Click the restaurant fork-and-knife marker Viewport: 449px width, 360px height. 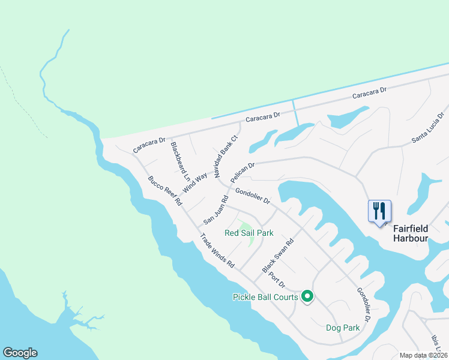(379, 211)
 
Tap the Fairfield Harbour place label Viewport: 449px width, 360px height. (411, 233)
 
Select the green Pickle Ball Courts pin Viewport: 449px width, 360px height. (307, 296)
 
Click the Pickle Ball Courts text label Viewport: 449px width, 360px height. (265, 297)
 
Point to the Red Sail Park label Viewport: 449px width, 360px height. (249, 233)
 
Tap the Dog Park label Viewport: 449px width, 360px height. (343, 328)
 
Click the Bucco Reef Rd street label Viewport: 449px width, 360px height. (164, 191)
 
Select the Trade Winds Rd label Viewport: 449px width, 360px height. (217, 250)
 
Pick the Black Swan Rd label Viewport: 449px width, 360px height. (278, 256)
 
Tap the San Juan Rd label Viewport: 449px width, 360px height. (216, 209)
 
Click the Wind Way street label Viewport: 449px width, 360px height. (195, 182)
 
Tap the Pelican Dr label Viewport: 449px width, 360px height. (243, 172)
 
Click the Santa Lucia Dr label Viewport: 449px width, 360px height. (427, 127)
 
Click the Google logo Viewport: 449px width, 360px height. (20, 353)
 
